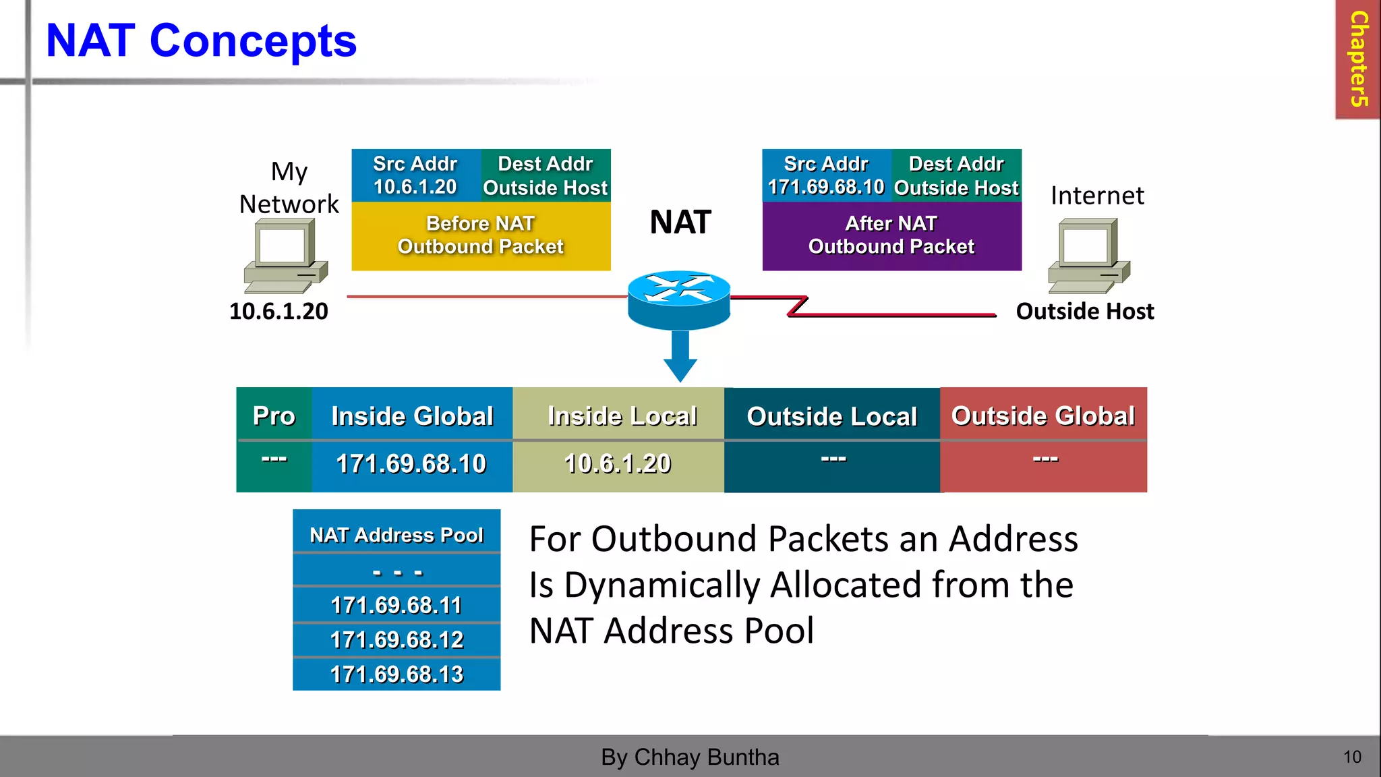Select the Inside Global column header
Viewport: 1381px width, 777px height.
[x=412, y=415]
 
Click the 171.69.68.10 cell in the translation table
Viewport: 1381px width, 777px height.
[x=411, y=464]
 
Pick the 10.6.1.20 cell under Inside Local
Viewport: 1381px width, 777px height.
[x=618, y=464]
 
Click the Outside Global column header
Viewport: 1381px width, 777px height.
[x=1043, y=415]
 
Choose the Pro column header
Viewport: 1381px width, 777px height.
[x=274, y=415]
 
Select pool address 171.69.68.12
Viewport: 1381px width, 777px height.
[x=396, y=639]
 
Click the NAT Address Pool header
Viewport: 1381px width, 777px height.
[x=396, y=534]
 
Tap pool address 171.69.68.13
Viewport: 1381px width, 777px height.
[x=396, y=674]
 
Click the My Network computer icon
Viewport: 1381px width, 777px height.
[x=285, y=256]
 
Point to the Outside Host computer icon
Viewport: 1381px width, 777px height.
[x=1088, y=256]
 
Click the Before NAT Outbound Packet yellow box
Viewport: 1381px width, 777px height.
[x=481, y=236]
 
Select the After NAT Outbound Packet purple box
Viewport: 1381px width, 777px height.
[x=891, y=236]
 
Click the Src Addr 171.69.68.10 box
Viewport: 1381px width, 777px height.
[x=826, y=175]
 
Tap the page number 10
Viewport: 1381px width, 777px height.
[x=1352, y=757]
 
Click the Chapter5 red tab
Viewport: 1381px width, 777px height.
[x=1357, y=59]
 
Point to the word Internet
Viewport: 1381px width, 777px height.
[x=1097, y=196]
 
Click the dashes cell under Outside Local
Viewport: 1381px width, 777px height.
[x=833, y=460]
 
